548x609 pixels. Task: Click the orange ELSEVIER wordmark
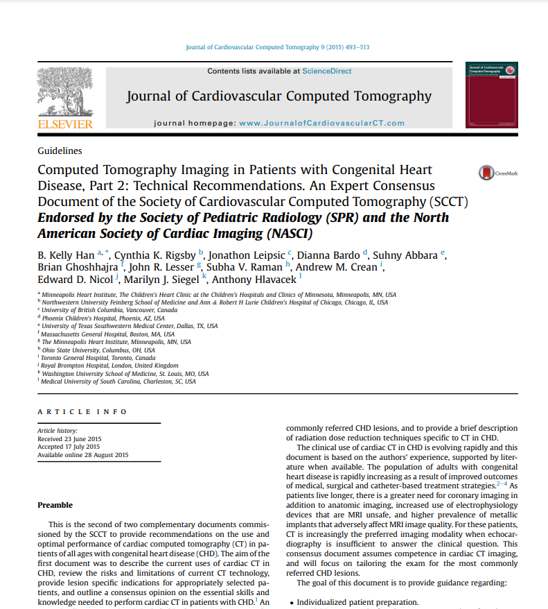point(64,124)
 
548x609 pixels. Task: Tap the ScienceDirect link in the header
point(327,71)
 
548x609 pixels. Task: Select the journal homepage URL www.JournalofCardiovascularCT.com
point(321,123)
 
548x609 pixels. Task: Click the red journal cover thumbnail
point(493,95)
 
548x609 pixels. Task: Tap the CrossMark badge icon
point(488,173)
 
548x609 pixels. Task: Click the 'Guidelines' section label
point(60,151)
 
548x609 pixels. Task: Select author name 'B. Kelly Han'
point(66,255)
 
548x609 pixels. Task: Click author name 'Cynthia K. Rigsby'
point(154,255)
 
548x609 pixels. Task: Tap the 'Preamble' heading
point(55,505)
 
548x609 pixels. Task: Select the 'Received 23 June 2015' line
point(69,439)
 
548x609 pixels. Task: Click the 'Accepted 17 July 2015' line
point(69,447)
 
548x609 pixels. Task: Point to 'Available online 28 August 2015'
point(82,455)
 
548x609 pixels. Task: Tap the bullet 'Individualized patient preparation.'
point(357,602)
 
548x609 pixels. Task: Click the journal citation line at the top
point(277,47)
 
